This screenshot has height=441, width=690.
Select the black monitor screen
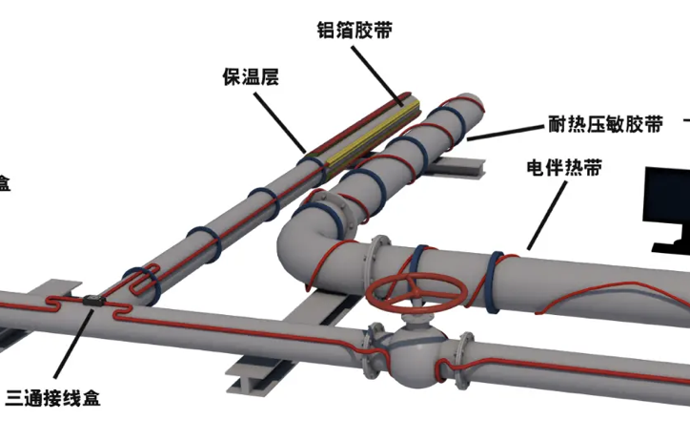pos(666,205)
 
